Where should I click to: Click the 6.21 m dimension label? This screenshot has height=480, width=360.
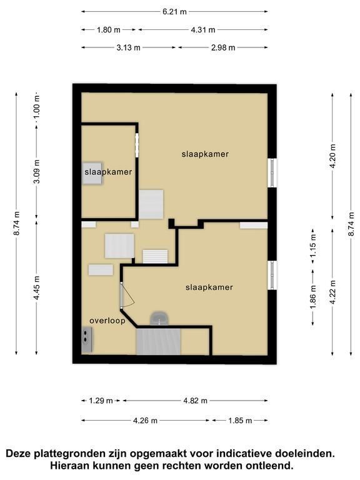(174, 12)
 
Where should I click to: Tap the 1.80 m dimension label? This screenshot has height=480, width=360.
(109, 30)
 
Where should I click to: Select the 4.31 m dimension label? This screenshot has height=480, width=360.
(203, 30)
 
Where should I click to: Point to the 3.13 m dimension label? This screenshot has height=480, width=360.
(128, 47)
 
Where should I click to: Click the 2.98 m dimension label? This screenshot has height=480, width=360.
(223, 47)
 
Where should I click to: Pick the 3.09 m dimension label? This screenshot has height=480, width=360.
(36, 171)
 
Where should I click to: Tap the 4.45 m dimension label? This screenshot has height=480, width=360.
(36, 287)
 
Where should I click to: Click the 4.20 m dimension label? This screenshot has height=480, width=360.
(333, 156)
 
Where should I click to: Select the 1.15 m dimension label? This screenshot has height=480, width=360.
(313, 246)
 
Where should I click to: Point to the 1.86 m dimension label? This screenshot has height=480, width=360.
(313, 297)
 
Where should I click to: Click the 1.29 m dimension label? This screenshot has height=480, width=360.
(101, 401)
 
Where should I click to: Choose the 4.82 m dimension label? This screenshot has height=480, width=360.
(195, 401)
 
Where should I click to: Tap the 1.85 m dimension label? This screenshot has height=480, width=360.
(240, 421)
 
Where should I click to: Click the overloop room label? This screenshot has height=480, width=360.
(107, 321)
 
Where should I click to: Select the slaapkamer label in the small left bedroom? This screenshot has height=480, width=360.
(108, 172)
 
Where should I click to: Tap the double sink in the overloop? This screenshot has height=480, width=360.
(87, 339)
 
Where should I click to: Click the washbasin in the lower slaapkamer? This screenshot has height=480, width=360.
(159, 318)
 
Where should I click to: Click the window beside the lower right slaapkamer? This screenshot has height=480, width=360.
(272, 275)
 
